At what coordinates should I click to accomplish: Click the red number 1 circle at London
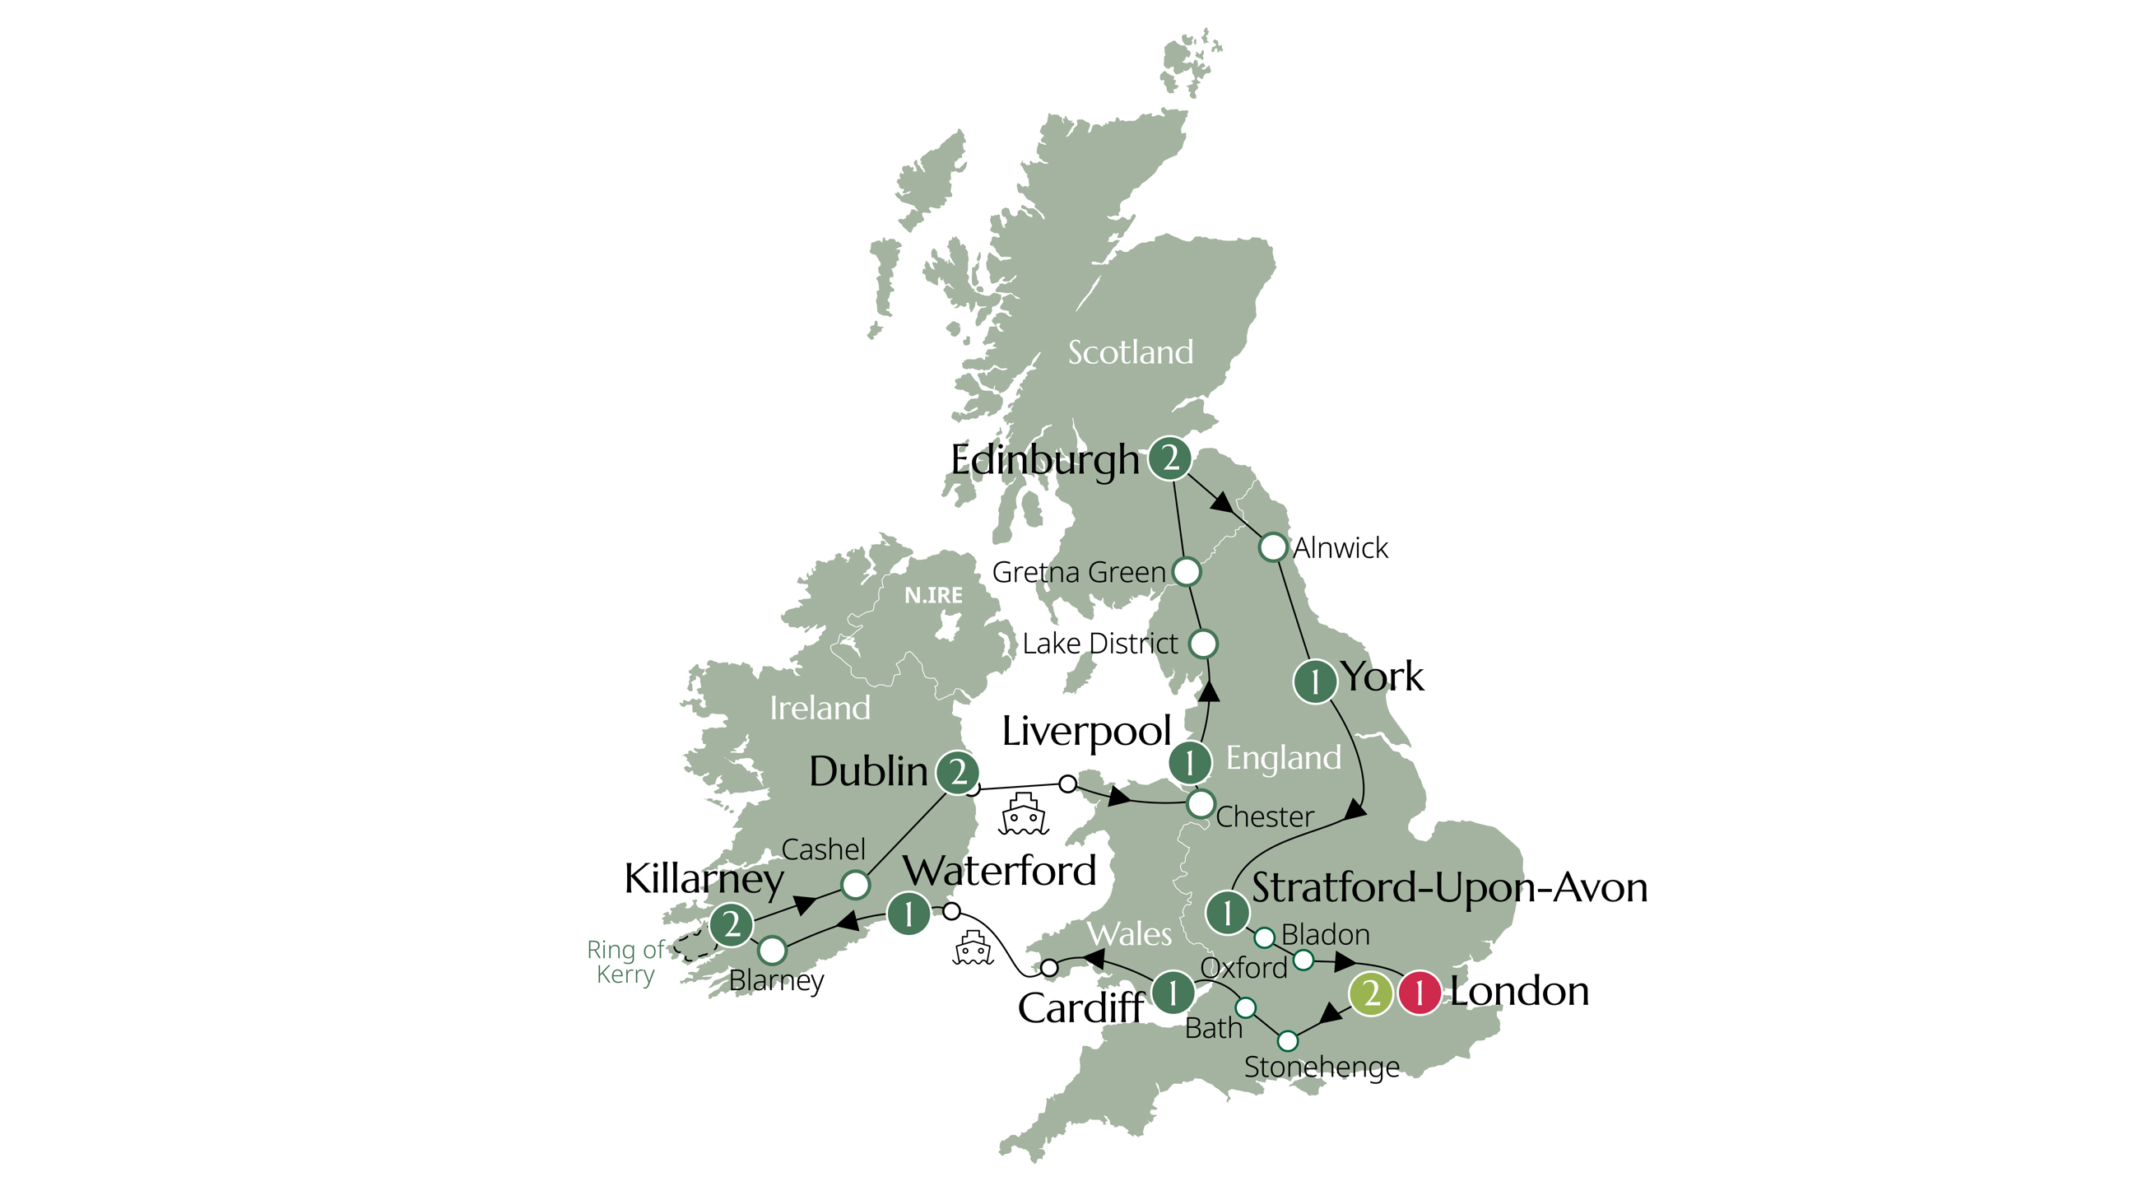(1420, 992)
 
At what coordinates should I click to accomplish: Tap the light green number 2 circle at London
(1370, 992)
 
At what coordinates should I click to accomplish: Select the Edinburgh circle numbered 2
(1169, 458)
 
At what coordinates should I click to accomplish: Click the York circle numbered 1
(1315, 681)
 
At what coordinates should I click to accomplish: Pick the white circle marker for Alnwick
(1273, 547)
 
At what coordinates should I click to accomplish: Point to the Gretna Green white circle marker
(1187, 571)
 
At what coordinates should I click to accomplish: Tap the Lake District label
(1099, 644)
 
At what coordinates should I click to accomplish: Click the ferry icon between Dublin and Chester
(1025, 814)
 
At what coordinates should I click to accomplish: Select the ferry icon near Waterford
(973, 948)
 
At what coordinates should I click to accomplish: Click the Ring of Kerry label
(625, 961)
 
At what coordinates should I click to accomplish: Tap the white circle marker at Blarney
(772, 951)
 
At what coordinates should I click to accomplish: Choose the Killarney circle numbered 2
(731, 924)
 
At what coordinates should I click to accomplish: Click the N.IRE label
(933, 595)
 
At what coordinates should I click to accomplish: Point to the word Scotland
(1130, 353)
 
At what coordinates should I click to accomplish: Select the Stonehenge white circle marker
(1288, 1040)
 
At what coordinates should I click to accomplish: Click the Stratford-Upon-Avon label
(1449, 888)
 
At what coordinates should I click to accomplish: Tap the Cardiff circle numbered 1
(1173, 991)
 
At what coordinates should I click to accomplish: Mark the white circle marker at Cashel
(855, 886)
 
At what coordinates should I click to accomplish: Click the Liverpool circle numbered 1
(1190, 762)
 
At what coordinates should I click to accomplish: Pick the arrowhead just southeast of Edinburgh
(1221, 501)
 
